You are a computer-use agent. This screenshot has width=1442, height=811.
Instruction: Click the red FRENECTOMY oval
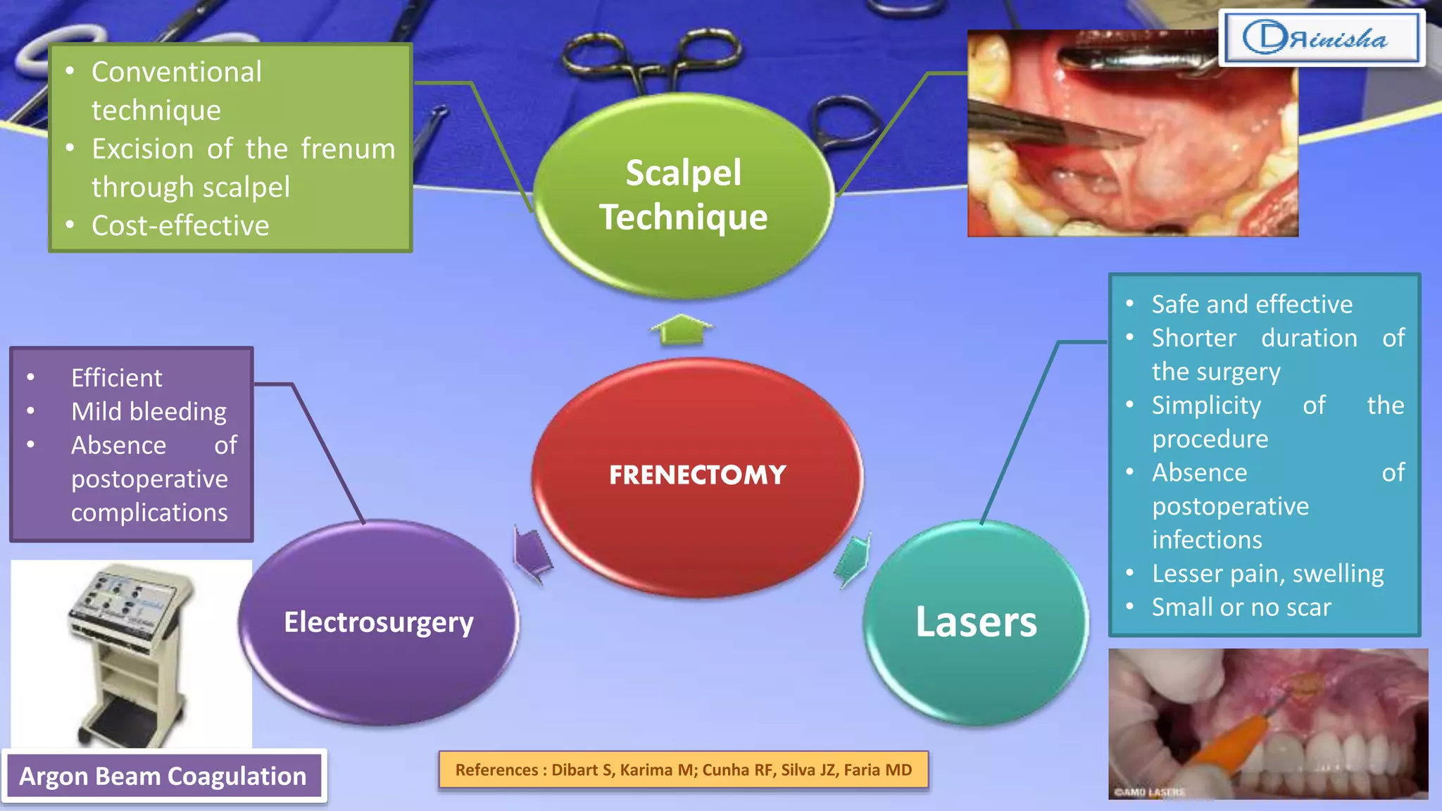[697, 476]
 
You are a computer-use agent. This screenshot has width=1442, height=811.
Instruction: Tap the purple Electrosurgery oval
[379, 622]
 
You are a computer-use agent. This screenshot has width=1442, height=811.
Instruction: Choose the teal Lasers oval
[976, 622]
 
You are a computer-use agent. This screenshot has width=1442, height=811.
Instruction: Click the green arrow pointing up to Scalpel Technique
[681, 329]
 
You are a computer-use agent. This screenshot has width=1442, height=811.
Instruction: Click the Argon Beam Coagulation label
[163, 776]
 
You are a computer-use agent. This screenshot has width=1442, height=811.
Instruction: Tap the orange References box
[683, 769]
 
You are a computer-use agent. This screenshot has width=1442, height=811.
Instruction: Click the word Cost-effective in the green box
[180, 226]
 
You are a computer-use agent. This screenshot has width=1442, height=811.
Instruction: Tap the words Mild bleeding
[149, 412]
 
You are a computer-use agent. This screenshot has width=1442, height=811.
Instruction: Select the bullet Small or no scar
[1241, 608]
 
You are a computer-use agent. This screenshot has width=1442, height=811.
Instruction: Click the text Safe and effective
[1252, 304]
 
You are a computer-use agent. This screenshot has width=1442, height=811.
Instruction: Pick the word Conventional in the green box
[176, 73]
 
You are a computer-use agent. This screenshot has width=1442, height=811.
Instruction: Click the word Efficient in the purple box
[116, 378]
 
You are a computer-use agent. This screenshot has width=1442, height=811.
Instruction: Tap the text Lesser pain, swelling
[1267, 574]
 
